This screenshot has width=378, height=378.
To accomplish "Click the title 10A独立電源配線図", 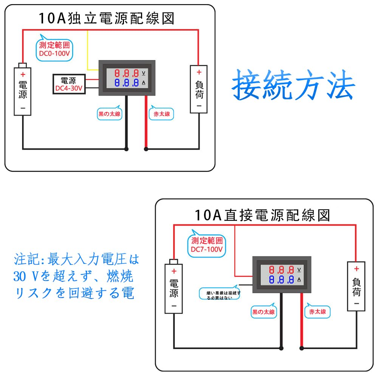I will (x=106, y=18).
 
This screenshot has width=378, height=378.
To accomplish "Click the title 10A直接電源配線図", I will (x=262, y=215).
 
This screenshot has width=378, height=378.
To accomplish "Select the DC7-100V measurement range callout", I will (x=206, y=245).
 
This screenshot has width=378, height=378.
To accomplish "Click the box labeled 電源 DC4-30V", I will (x=68, y=84).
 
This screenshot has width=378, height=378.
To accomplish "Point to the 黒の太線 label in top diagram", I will (x=110, y=114).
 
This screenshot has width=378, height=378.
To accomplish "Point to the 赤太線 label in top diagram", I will (x=162, y=114).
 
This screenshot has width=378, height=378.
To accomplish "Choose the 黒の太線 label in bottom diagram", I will (x=263, y=312).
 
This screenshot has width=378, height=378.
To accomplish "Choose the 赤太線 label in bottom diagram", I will (x=317, y=312).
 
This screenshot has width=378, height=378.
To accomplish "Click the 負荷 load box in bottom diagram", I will (x=356, y=286).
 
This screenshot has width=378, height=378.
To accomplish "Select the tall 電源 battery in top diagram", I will (x=23, y=91).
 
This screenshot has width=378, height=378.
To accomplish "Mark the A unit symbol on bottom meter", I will (x=299, y=280).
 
